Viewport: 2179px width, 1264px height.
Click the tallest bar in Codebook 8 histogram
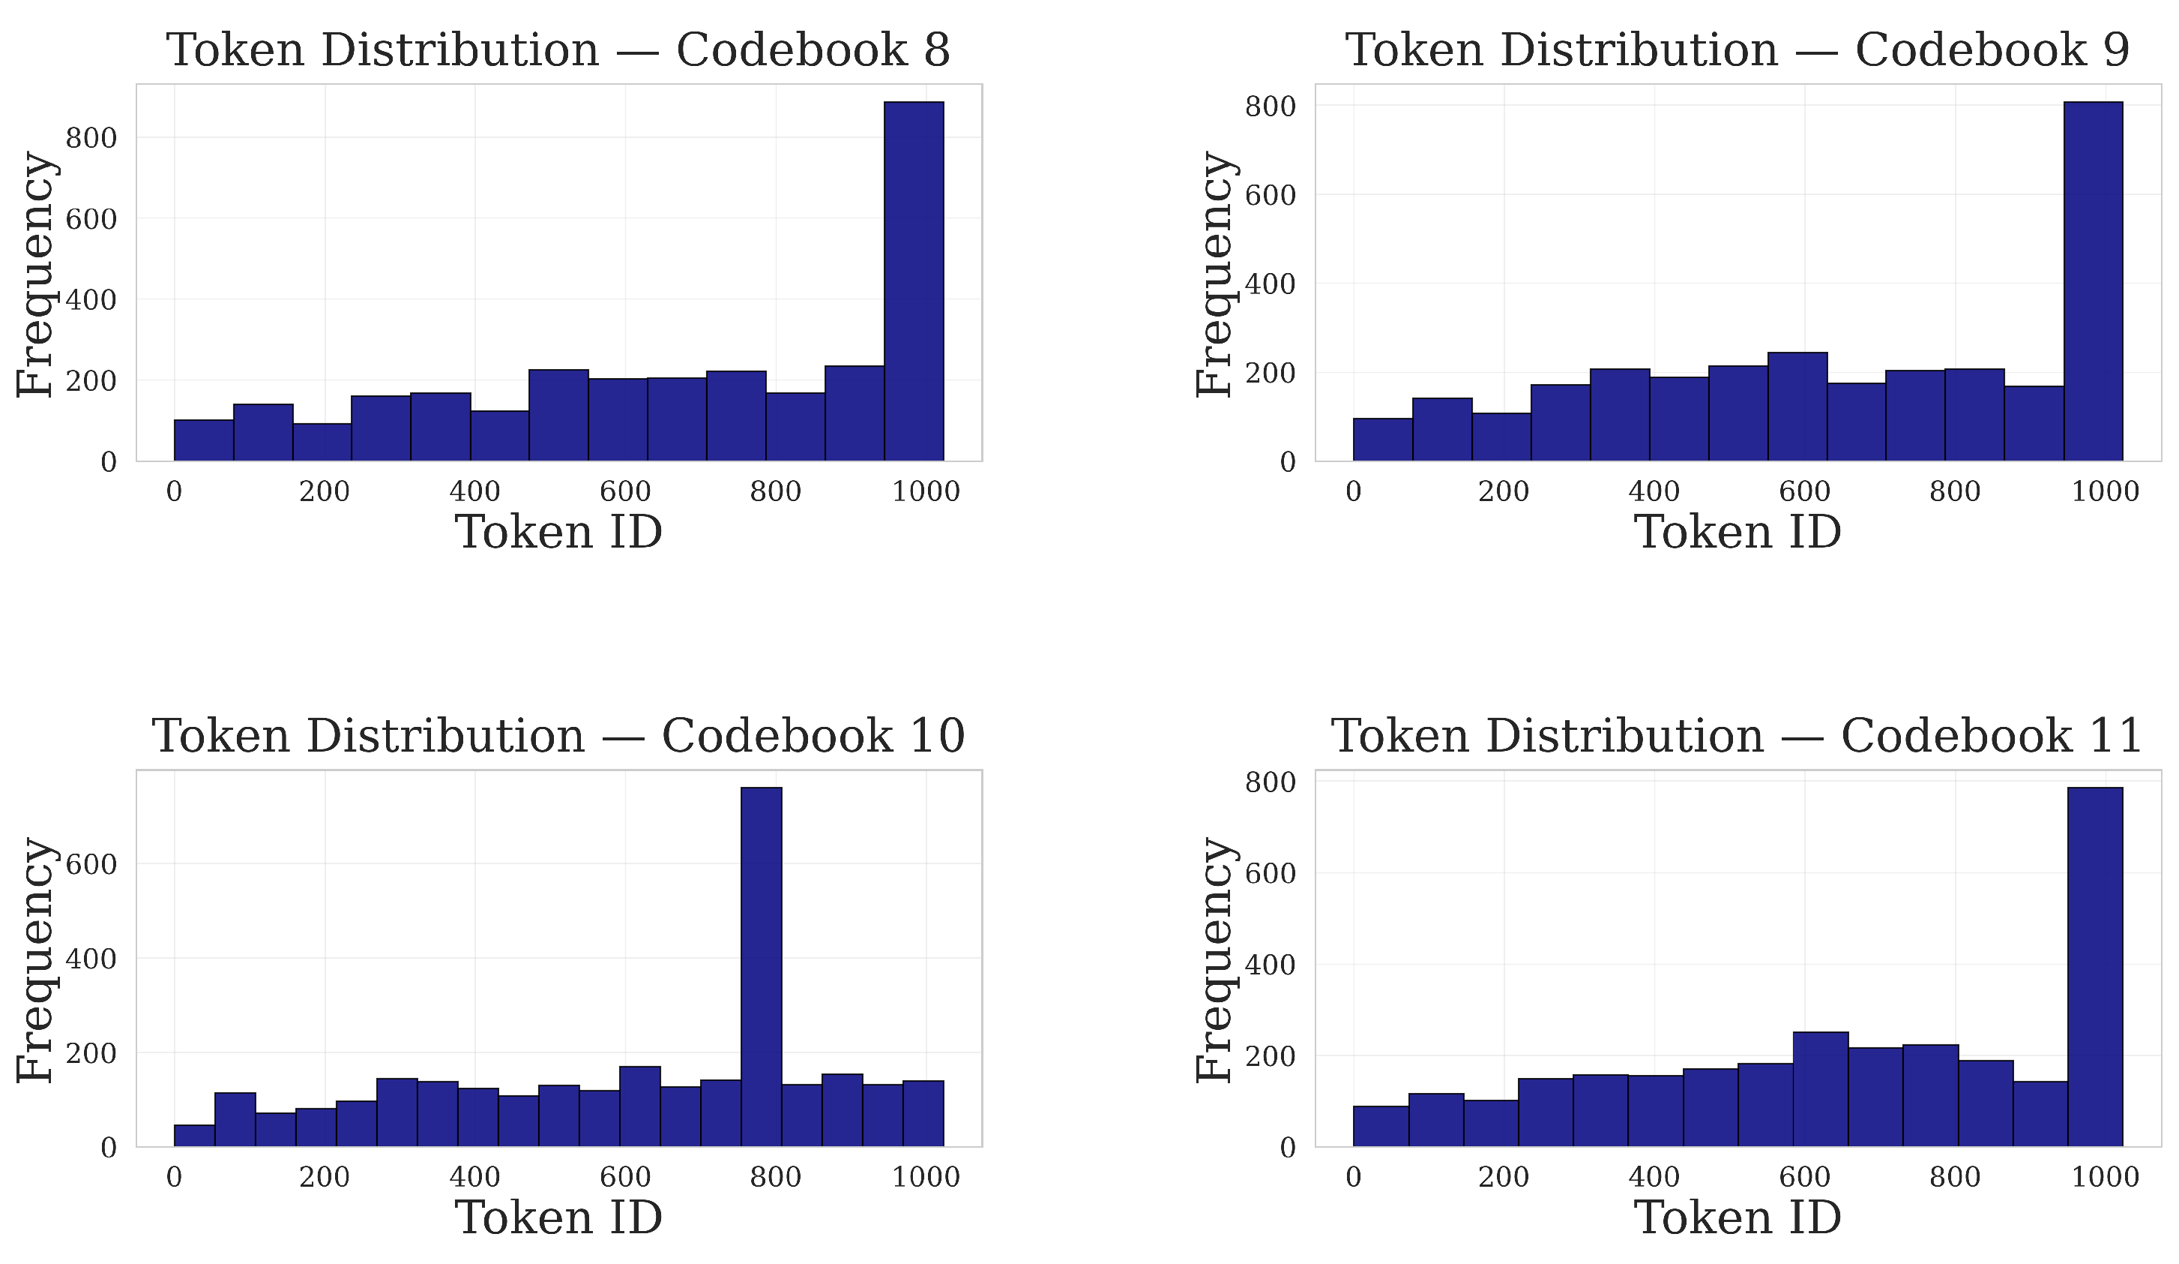click(913, 281)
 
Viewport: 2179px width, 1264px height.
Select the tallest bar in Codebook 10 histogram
click(761, 966)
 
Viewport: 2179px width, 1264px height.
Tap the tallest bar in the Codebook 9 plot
click(2093, 281)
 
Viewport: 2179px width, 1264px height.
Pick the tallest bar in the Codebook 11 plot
click(2094, 966)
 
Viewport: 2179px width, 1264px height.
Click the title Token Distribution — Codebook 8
click(558, 50)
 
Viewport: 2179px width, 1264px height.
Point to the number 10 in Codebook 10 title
click(937, 735)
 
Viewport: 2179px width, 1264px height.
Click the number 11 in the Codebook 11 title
click(2115, 735)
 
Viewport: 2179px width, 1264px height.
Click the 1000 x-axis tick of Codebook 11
click(2105, 1177)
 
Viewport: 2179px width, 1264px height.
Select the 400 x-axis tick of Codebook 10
click(474, 1177)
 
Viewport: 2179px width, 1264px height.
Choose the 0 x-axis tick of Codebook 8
click(174, 491)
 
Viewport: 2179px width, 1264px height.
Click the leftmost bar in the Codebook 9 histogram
click(1381, 440)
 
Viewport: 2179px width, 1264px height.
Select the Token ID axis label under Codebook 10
click(558, 1217)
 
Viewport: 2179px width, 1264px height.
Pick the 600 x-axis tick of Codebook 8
click(625, 491)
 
